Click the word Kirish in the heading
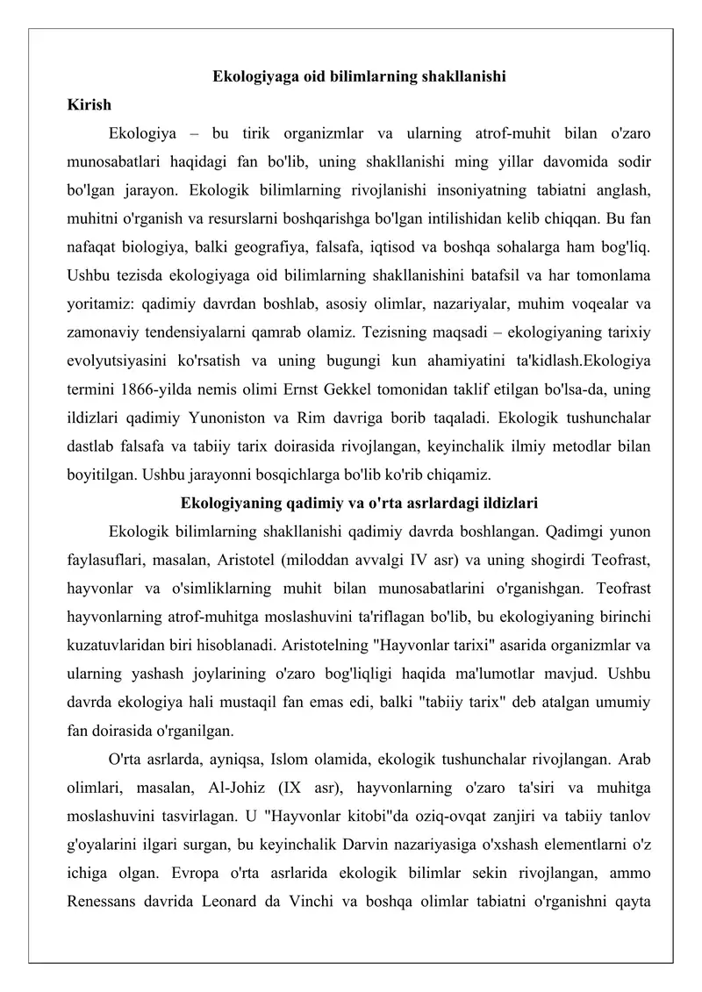89,105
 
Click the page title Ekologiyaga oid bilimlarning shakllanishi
359,76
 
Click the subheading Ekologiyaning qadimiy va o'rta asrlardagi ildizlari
359,503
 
